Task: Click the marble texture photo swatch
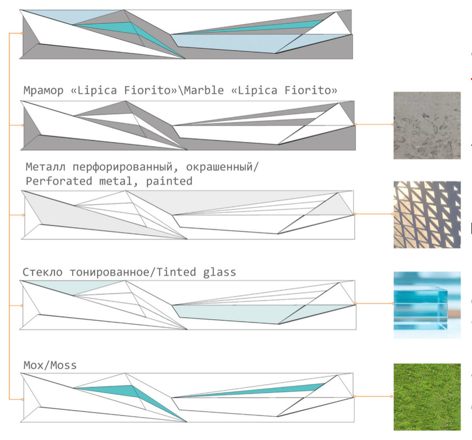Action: point(427,125)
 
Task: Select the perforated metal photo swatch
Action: point(427,214)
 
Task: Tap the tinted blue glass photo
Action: point(427,304)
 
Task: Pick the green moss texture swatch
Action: point(427,397)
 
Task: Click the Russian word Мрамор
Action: point(43,91)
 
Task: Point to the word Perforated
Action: point(54,181)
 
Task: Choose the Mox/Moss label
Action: point(50,366)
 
